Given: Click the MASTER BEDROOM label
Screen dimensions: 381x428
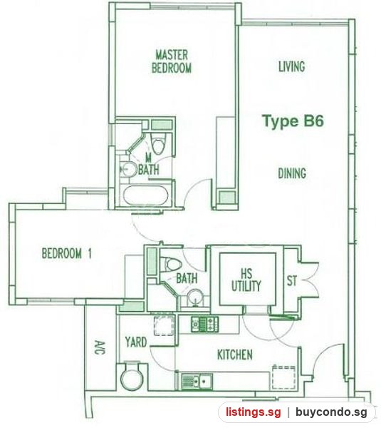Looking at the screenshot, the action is (172, 61).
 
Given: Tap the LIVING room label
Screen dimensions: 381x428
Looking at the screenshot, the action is (291, 66).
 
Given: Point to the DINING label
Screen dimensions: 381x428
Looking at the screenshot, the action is (292, 173).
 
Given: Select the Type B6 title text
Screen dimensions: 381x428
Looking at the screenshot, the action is (293, 121).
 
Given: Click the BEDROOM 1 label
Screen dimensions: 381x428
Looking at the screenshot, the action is (66, 253).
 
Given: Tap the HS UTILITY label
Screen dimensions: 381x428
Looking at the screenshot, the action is (246, 280).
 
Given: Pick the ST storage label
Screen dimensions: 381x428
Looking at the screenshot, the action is (291, 280).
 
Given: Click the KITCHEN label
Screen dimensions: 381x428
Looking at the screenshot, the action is (234, 355).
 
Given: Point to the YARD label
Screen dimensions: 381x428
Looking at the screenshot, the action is (136, 342).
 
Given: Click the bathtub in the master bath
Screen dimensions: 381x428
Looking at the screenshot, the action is (145, 195).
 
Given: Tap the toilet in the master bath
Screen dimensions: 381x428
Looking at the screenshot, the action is (158, 144).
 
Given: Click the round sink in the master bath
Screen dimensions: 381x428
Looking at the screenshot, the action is (129, 170).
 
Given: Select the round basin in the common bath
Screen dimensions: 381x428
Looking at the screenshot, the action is (195, 297).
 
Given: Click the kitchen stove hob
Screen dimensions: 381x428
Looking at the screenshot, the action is (204, 325).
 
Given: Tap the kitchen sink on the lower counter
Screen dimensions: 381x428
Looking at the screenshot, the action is (197, 382).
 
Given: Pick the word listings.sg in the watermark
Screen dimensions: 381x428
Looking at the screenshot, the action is (253, 412).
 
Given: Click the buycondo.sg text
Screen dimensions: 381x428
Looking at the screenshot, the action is (331, 412).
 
